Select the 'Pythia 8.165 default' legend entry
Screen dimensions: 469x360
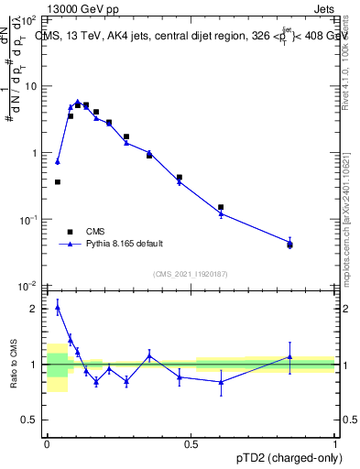[124, 244]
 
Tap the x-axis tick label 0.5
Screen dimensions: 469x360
[191, 443]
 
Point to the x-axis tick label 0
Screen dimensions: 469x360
[47, 443]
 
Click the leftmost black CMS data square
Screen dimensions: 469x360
[58, 182]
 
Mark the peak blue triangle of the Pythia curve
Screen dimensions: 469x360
[78, 103]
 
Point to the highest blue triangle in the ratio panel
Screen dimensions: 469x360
[58, 308]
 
